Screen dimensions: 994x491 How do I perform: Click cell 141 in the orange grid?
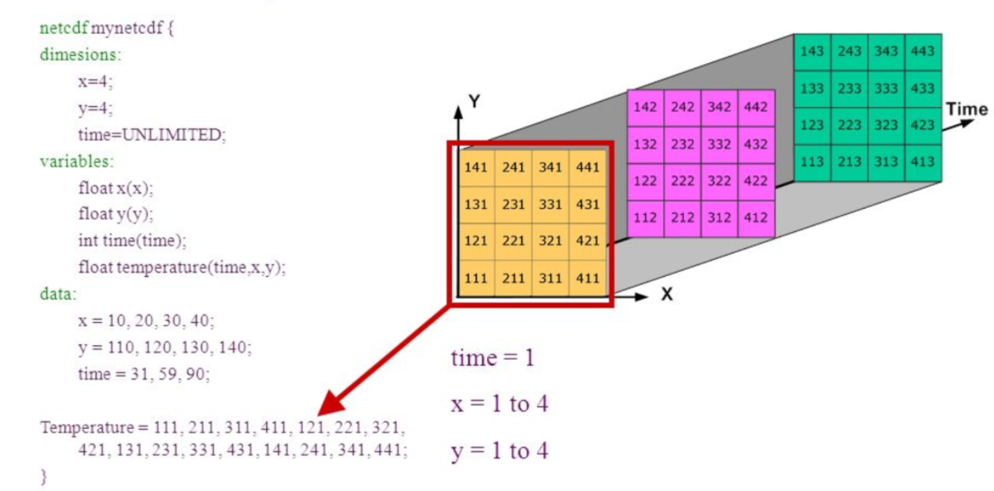[476, 167]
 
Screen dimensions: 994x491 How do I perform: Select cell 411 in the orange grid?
[586, 279]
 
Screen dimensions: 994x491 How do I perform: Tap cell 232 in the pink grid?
[681, 144]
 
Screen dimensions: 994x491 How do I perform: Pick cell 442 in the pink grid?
[755, 107]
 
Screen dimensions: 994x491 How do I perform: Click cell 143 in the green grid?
[812, 52]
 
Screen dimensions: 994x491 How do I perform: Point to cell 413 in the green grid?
[922, 162]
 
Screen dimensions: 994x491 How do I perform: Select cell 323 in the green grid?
[886, 125]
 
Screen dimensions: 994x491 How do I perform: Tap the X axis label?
[667, 294]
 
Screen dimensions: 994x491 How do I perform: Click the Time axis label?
[966, 110]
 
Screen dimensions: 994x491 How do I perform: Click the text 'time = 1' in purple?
[492, 357]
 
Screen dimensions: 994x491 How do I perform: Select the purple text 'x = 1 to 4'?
[499, 404]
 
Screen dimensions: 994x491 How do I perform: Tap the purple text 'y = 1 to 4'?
[499, 450]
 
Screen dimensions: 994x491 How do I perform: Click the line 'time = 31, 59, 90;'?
[143, 374]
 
